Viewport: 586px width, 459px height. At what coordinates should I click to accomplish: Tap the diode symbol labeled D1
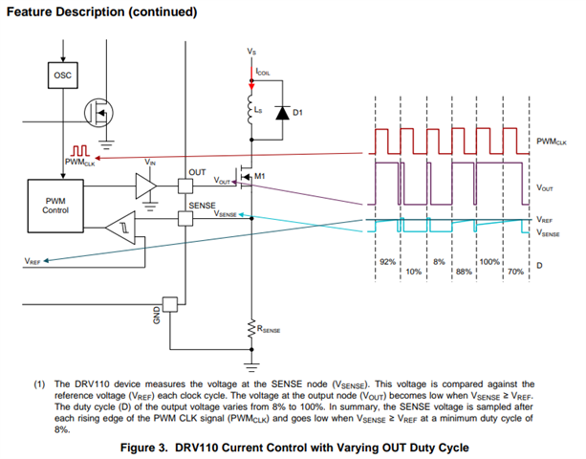click(280, 112)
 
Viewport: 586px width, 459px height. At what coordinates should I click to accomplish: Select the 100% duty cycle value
click(489, 260)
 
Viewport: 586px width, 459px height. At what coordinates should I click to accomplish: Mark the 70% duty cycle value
click(514, 271)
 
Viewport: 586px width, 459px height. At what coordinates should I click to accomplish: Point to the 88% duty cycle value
click(464, 271)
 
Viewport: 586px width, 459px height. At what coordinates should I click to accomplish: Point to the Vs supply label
click(250, 50)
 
